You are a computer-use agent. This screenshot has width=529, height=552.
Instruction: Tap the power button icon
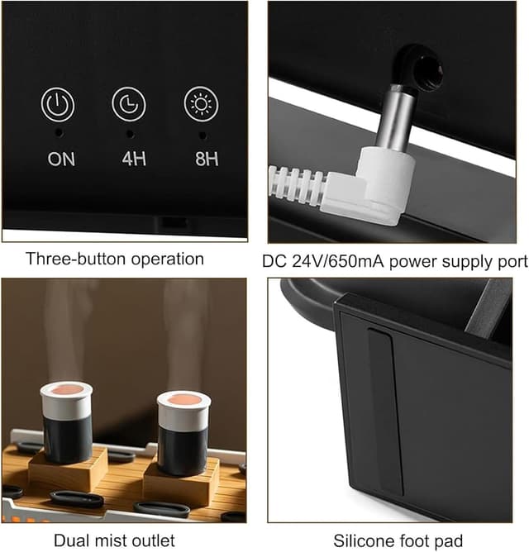pyautogui.click(x=57, y=105)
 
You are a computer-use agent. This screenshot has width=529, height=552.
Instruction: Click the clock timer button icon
pyautogui.click(x=129, y=104)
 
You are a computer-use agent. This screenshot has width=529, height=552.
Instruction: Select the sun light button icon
pyautogui.click(x=201, y=103)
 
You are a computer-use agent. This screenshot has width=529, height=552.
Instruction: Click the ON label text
pyautogui.click(x=61, y=159)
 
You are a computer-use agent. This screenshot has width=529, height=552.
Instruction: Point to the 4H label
pyautogui.click(x=134, y=159)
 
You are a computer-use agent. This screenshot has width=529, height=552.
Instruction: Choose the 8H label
pyautogui.click(x=207, y=159)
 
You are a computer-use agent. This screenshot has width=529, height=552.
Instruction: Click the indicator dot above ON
pyautogui.click(x=60, y=133)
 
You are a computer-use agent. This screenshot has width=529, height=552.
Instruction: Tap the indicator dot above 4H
pyautogui.click(x=130, y=134)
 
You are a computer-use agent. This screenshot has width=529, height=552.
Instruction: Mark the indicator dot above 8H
pyautogui.click(x=203, y=135)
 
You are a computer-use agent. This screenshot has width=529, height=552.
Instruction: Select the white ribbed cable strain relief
pyautogui.click(x=297, y=184)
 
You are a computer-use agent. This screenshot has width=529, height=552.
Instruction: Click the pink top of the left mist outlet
pyautogui.click(x=66, y=389)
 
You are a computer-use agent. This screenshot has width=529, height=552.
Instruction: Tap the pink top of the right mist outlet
pyautogui.click(x=183, y=400)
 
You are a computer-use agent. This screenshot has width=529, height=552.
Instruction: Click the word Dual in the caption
pyautogui.click(x=71, y=540)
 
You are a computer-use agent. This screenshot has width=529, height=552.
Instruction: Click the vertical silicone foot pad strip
pyautogui.click(x=385, y=412)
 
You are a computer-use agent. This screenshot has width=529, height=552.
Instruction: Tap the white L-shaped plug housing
pyautogui.click(x=369, y=187)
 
